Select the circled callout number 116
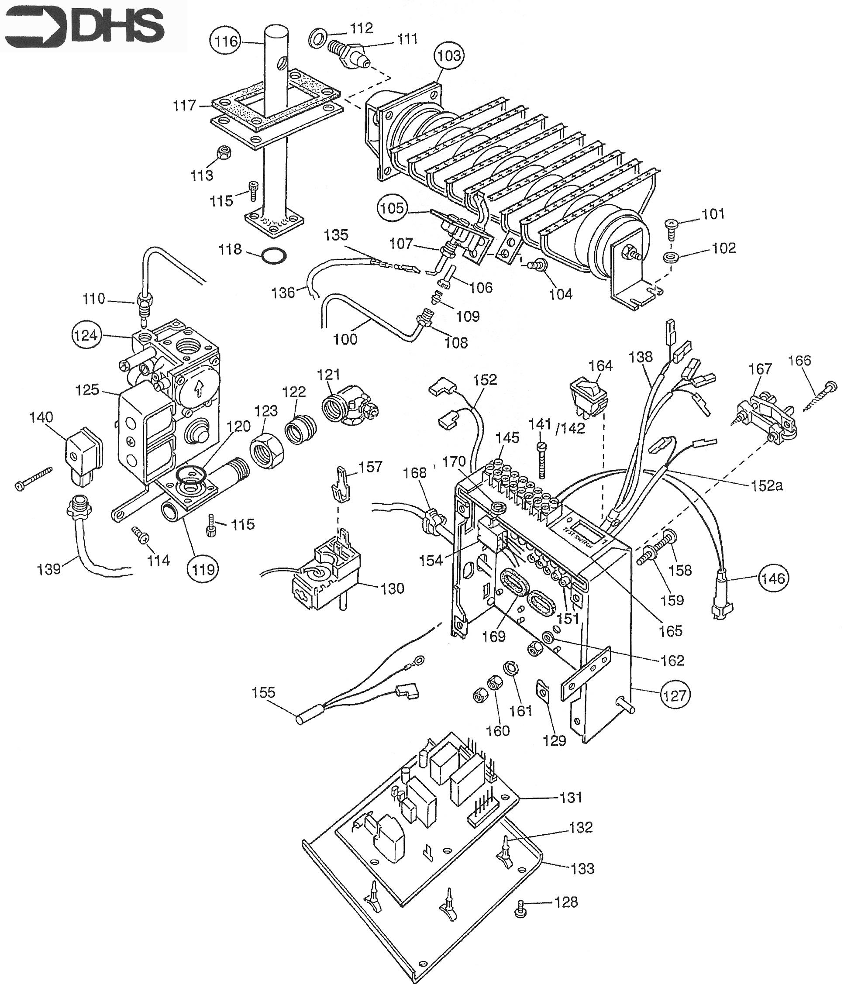coord(226,41)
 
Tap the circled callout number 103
coord(448,56)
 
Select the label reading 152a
coord(767,485)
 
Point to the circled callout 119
coord(203,569)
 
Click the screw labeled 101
coord(671,227)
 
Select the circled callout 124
coord(86,335)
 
